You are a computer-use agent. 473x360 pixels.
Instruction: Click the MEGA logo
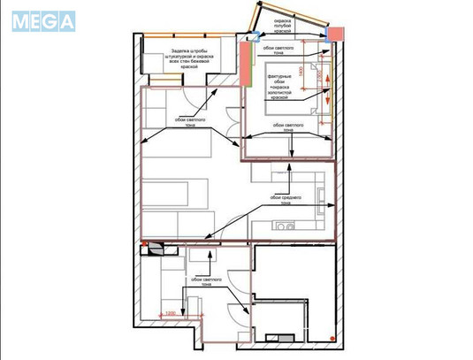[x=44, y=20]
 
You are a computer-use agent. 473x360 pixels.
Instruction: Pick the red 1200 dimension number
[x=169, y=312]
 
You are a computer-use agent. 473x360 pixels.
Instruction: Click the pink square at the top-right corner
[x=336, y=34]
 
